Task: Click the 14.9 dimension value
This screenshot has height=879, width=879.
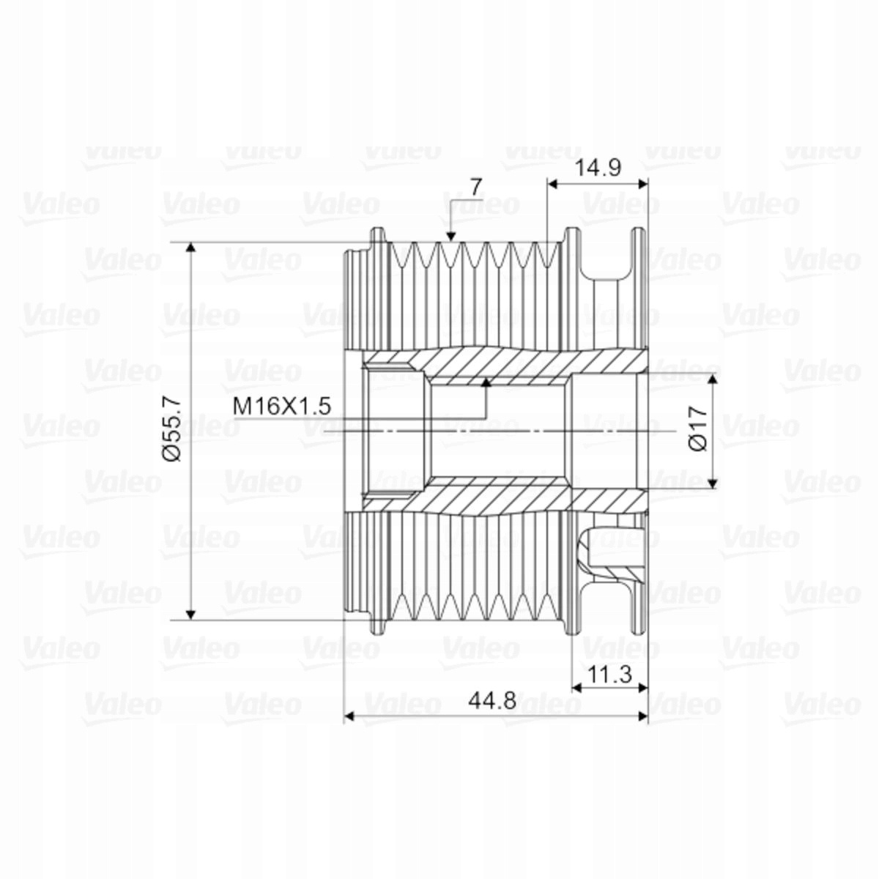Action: [598, 168]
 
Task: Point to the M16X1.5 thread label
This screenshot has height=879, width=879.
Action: [281, 406]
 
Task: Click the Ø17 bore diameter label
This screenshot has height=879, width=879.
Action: [699, 428]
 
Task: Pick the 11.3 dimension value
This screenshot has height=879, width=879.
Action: [609, 675]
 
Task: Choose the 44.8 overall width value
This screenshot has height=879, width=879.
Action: [493, 700]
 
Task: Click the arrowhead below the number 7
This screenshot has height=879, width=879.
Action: [451, 237]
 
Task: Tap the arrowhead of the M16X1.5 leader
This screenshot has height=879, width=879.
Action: [486, 382]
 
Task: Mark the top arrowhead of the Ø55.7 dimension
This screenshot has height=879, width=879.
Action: [191, 248]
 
